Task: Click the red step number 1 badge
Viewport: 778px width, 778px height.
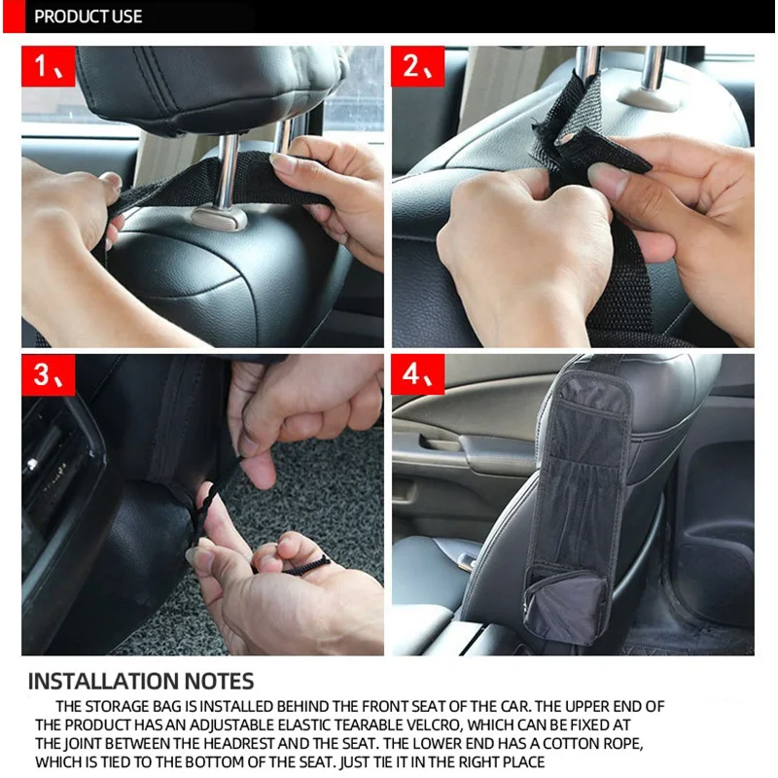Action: (x=48, y=66)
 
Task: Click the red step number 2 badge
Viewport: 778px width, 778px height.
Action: (x=418, y=66)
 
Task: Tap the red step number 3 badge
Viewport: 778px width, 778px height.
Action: (x=48, y=374)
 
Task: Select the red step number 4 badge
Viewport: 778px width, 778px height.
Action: (x=418, y=374)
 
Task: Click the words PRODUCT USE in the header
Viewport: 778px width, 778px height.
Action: (x=88, y=17)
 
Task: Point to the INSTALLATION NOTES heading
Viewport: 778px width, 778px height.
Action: (x=141, y=682)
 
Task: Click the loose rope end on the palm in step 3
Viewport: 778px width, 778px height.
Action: (x=303, y=567)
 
